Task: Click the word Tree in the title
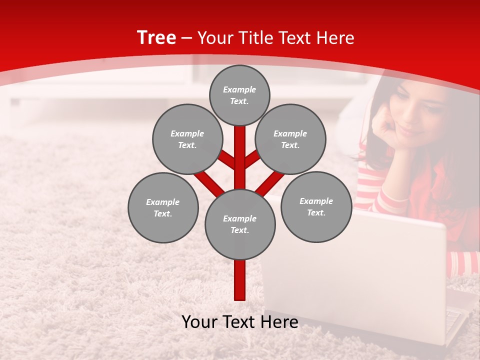click(156, 37)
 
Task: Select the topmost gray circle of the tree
click(239, 95)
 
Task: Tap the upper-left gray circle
click(187, 139)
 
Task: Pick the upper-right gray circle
click(290, 139)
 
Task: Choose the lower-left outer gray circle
click(163, 207)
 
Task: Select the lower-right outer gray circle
click(316, 206)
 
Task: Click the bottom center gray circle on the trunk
click(240, 224)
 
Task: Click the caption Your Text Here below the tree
click(240, 321)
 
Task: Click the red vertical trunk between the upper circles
click(240, 150)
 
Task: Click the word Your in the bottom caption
click(200, 321)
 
